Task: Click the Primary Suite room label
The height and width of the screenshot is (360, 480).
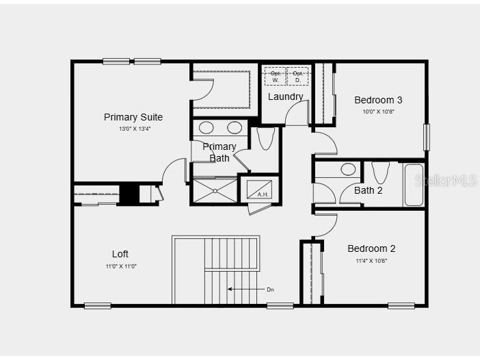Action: pyautogui.click(x=133, y=117)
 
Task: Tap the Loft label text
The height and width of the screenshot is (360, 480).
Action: pyautogui.click(x=120, y=254)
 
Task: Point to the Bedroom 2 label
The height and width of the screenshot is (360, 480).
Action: pyautogui.click(x=371, y=248)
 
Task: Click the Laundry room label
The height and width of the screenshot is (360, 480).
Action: pyautogui.click(x=285, y=97)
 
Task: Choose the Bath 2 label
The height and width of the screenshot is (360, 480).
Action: pyautogui.click(x=368, y=190)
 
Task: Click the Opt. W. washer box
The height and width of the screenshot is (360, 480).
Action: pyautogui.click(x=276, y=76)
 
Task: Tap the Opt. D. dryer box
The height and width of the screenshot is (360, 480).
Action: pyautogui.click(x=297, y=76)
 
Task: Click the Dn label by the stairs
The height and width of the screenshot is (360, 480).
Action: pyautogui.click(x=270, y=290)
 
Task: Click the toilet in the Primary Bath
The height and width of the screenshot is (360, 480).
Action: pyautogui.click(x=266, y=138)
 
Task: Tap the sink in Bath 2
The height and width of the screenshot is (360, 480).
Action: pyautogui.click(x=349, y=169)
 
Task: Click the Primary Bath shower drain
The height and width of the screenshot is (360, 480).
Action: pyautogui.click(x=215, y=190)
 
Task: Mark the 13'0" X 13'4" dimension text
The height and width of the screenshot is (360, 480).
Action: pyautogui.click(x=134, y=129)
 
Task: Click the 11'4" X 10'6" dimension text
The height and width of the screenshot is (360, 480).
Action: pyautogui.click(x=371, y=261)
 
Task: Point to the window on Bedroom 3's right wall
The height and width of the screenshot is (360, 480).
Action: pyautogui.click(x=426, y=137)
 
